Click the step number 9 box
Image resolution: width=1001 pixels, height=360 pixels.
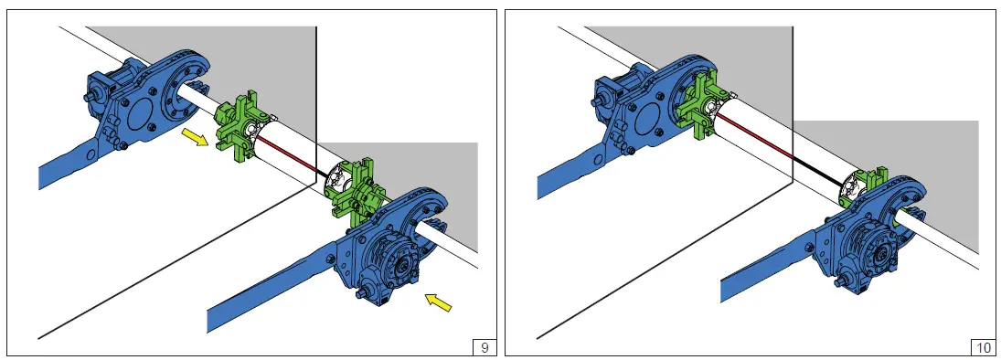485,348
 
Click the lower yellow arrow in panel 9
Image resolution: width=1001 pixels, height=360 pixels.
438,302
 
